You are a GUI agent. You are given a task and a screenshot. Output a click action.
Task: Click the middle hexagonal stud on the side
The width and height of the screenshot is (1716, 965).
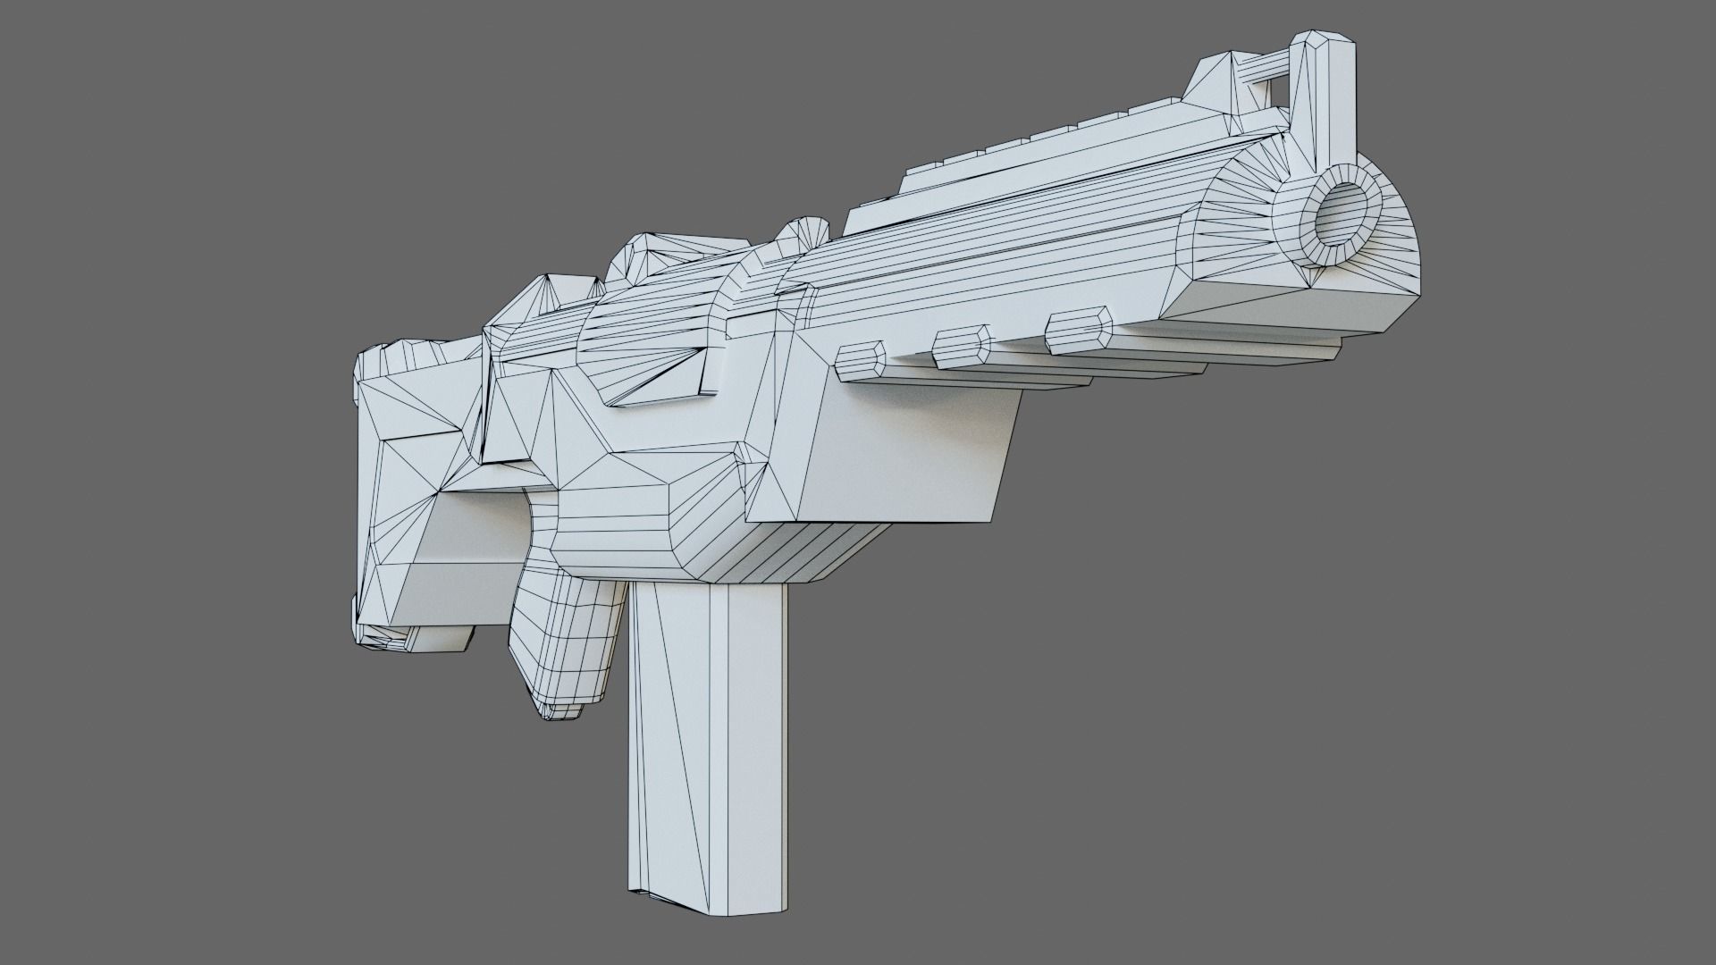point(962,347)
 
